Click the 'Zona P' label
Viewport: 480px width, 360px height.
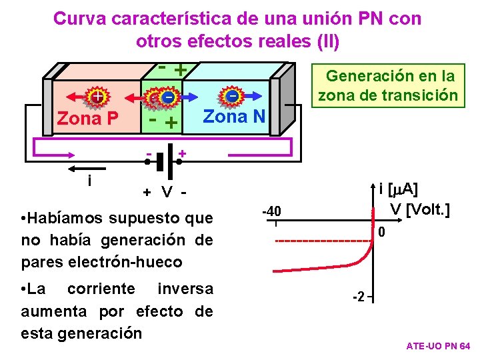click(87, 119)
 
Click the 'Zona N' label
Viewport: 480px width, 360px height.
click(234, 117)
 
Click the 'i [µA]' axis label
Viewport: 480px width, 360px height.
click(398, 189)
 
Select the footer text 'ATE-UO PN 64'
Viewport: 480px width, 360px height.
click(438, 347)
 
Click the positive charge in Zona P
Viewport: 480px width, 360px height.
click(97, 96)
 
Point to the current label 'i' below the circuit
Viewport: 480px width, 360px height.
click(89, 181)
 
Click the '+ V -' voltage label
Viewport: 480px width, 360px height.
click(163, 192)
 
